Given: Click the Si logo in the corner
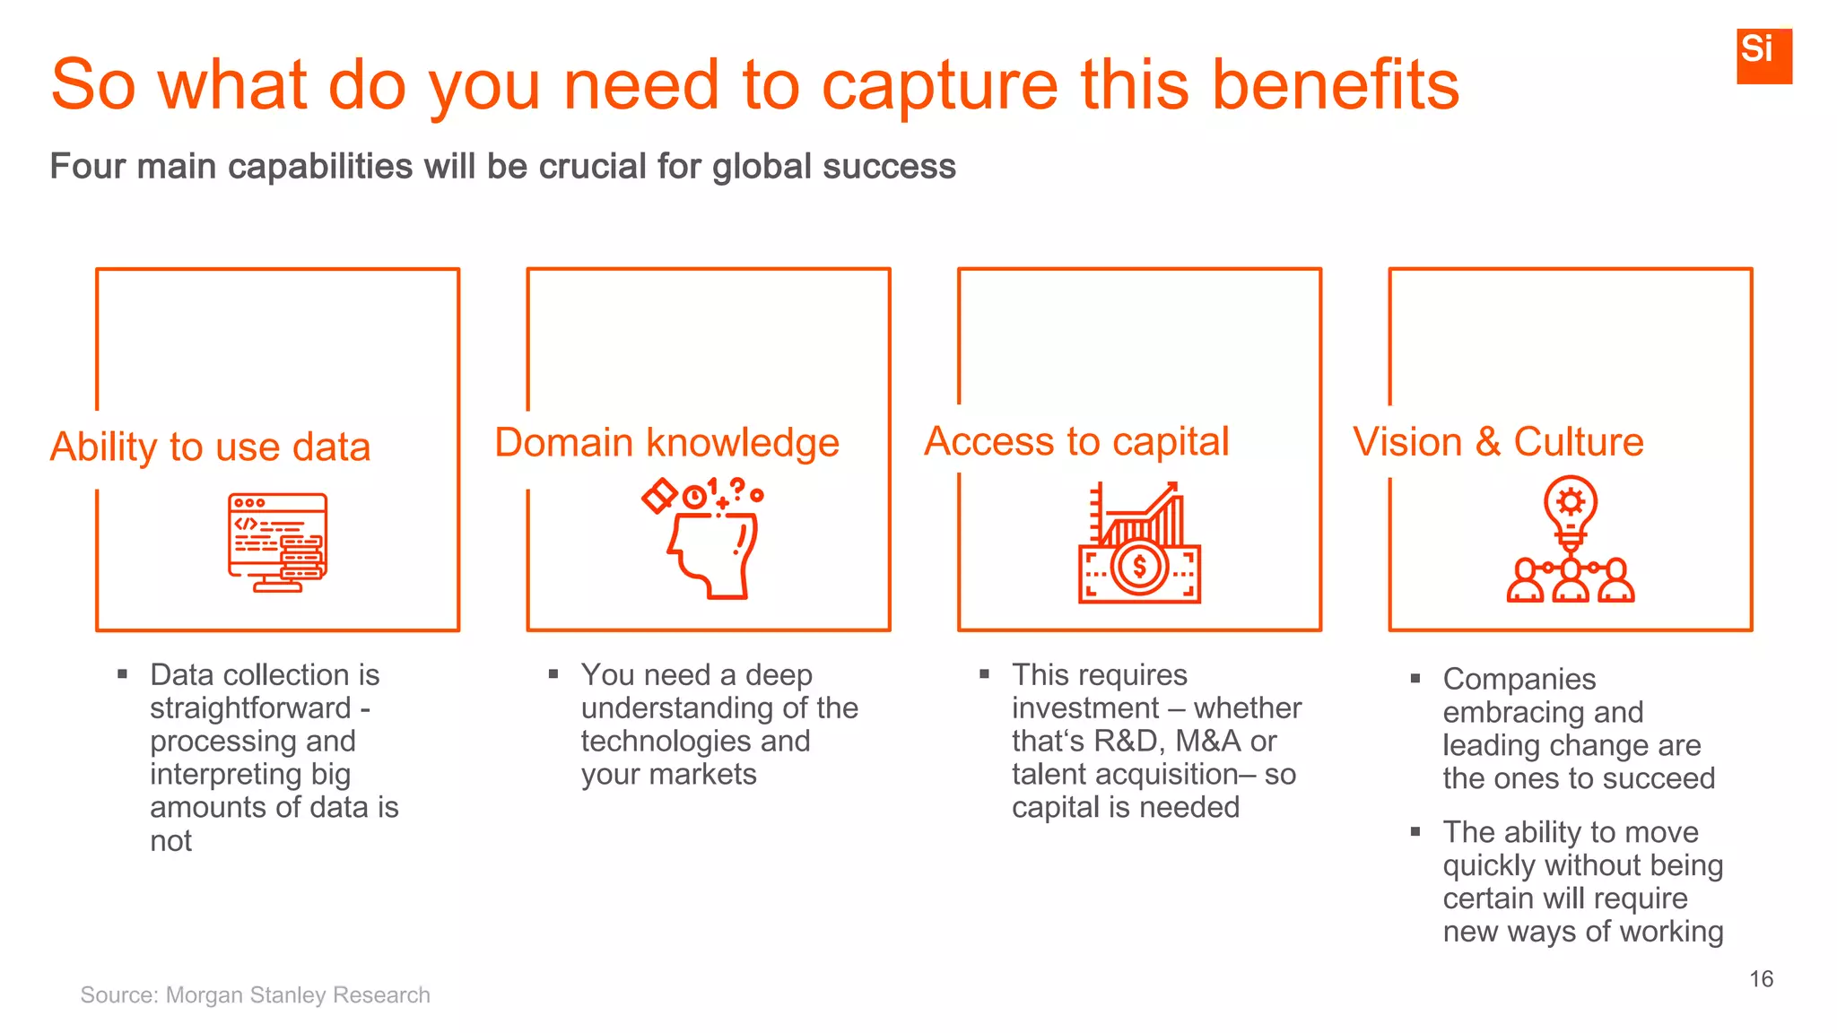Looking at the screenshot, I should click(1763, 56).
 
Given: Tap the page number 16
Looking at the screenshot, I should click(1761, 978).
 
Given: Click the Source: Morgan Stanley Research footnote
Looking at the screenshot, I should click(255, 994).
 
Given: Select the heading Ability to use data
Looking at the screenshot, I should click(210, 447).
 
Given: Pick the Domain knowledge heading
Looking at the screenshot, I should click(666, 443).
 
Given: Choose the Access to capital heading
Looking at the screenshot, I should click(1076, 441).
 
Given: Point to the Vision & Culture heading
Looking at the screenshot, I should click(1498, 442).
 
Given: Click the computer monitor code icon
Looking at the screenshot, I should click(277, 542).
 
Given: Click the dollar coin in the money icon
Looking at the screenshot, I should click(1139, 567).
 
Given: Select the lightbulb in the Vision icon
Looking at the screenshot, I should click(1570, 507).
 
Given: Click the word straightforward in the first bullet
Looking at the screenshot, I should click(250, 708).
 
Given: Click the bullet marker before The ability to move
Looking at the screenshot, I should click(1415, 832).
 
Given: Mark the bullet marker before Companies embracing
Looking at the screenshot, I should click(1415, 679).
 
